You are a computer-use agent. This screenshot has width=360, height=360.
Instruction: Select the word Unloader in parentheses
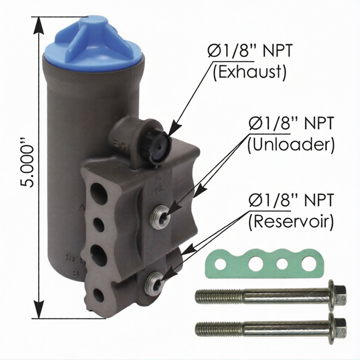coord(291,145)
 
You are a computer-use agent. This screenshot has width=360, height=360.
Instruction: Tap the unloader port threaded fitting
coord(160,216)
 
